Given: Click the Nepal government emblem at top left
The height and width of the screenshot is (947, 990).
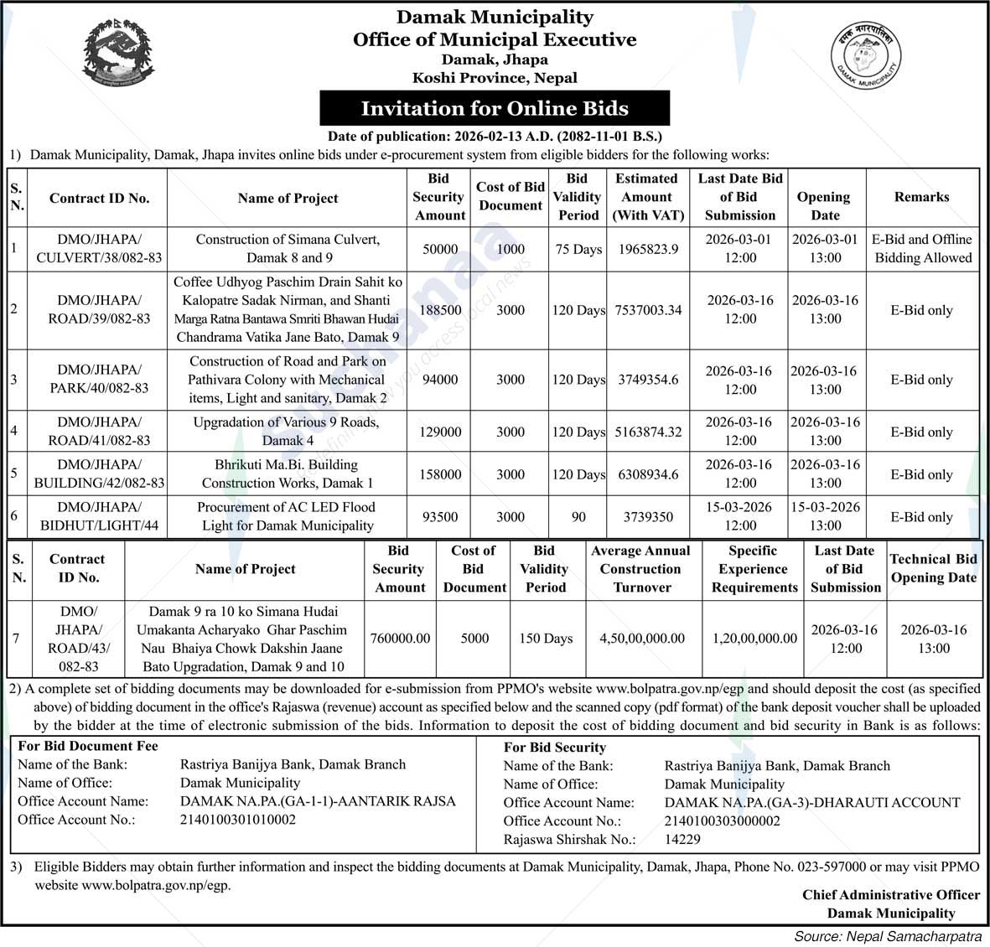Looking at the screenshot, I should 119,52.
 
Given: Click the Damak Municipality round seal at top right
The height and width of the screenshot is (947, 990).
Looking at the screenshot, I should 865,56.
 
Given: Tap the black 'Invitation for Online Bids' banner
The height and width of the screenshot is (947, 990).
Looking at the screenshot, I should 495,108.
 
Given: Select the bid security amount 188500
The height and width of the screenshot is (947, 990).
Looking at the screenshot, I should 439,310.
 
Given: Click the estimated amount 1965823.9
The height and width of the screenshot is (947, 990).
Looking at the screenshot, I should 648,249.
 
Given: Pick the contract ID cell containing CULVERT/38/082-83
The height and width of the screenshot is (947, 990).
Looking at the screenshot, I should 99,249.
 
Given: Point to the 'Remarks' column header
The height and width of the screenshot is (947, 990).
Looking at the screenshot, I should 921,197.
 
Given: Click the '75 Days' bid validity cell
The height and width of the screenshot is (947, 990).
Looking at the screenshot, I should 578,249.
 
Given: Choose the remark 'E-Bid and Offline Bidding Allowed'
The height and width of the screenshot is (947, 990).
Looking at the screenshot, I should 921,249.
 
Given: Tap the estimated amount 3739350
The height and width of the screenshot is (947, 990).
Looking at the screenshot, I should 648,517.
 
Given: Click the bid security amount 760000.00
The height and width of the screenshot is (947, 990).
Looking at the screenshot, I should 400,639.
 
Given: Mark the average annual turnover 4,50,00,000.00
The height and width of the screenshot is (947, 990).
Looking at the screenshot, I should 641,639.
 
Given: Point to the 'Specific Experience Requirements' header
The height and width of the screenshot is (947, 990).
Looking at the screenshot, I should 754,569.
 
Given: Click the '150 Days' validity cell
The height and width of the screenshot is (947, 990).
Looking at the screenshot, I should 546,639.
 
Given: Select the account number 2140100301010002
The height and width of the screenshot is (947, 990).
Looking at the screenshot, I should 238,820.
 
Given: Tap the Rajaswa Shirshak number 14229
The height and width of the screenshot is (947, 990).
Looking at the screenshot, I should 682,839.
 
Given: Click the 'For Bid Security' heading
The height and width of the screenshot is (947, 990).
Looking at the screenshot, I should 554,747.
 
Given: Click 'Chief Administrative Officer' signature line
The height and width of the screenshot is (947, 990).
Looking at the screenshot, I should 890,895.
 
